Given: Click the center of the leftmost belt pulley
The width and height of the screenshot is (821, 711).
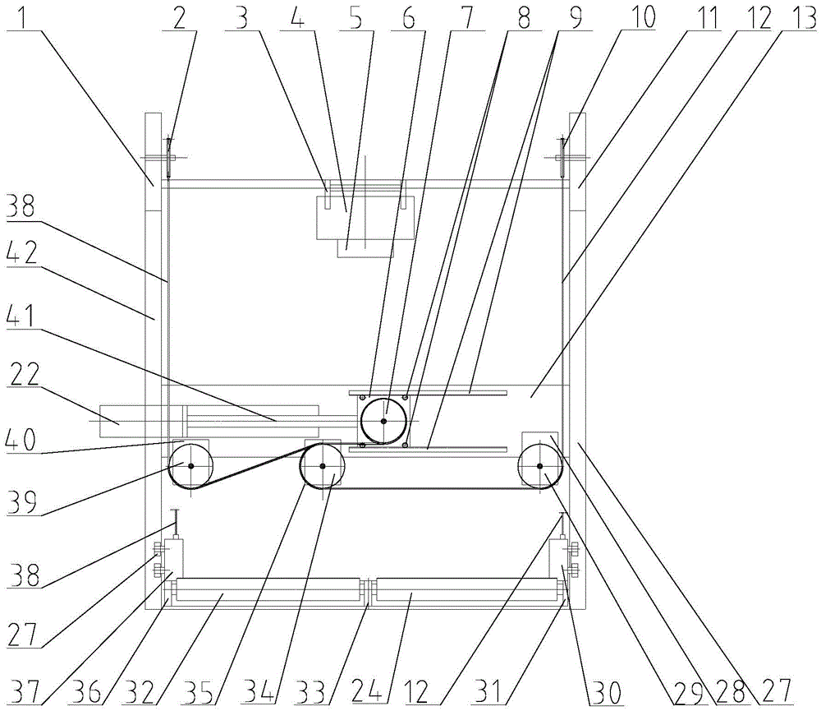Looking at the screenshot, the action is [x=190, y=467].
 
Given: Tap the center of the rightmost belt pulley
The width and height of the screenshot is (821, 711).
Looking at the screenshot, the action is [x=540, y=467].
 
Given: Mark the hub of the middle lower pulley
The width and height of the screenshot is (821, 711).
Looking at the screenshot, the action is [x=323, y=467].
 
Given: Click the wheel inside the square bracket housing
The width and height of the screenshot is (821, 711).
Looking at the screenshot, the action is [x=383, y=421].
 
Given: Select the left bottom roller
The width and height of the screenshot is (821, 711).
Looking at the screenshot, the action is [x=268, y=590].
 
